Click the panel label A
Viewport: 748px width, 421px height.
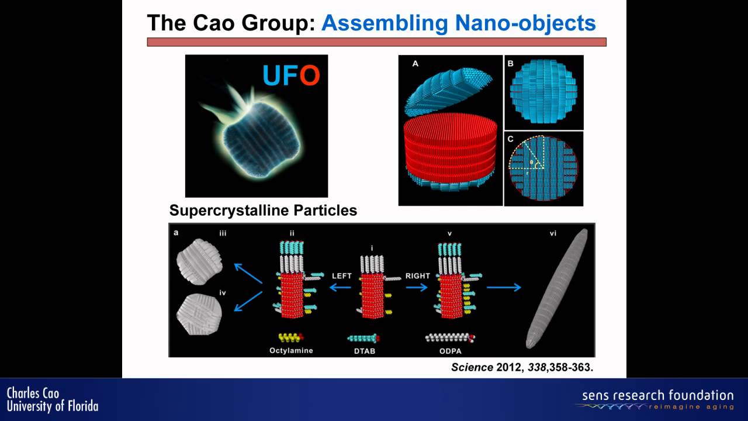tap(415, 64)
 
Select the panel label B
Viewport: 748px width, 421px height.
tap(510, 63)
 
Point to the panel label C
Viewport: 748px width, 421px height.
tap(510, 139)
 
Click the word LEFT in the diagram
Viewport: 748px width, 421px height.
tap(342, 275)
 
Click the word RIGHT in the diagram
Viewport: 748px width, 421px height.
tap(417, 275)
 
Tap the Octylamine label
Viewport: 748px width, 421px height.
tap(292, 350)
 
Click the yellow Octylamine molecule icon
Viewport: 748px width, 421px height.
tap(291, 337)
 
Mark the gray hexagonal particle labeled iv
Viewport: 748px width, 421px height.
tap(199, 313)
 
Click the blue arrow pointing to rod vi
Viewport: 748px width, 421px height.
tap(503, 287)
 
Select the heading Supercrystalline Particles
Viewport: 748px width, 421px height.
tap(263, 210)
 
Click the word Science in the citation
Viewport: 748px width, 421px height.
tap(472, 367)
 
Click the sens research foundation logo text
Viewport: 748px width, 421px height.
tap(657, 395)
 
